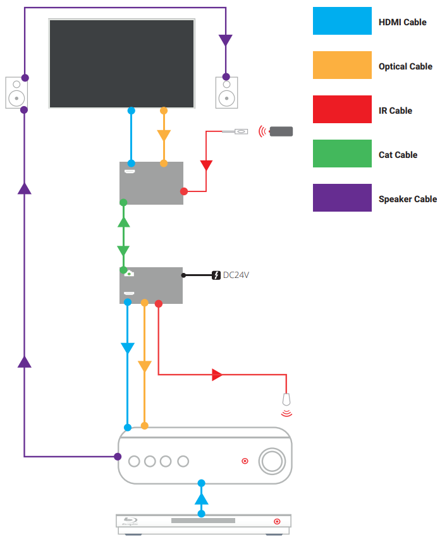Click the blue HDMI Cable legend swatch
(x=342, y=21)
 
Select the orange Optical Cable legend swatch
(x=342, y=65)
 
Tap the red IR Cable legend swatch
(x=342, y=109)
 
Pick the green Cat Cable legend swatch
(x=342, y=154)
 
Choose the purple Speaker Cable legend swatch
(x=342, y=198)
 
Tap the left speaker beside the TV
(x=16, y=92)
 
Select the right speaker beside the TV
(x=226, y=92)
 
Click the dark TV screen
(x=121, y=63)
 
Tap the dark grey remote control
(x=281, y=131)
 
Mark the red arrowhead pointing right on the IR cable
(x=217, y=375)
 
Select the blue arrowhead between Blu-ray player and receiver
(x=201, y=498)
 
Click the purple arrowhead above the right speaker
(x=226, y=40)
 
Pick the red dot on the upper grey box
(x=184, y=191)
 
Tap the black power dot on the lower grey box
(x=183, y=275)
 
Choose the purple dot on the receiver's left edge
(x=118, y=456)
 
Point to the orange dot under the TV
(x=164, y=111)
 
